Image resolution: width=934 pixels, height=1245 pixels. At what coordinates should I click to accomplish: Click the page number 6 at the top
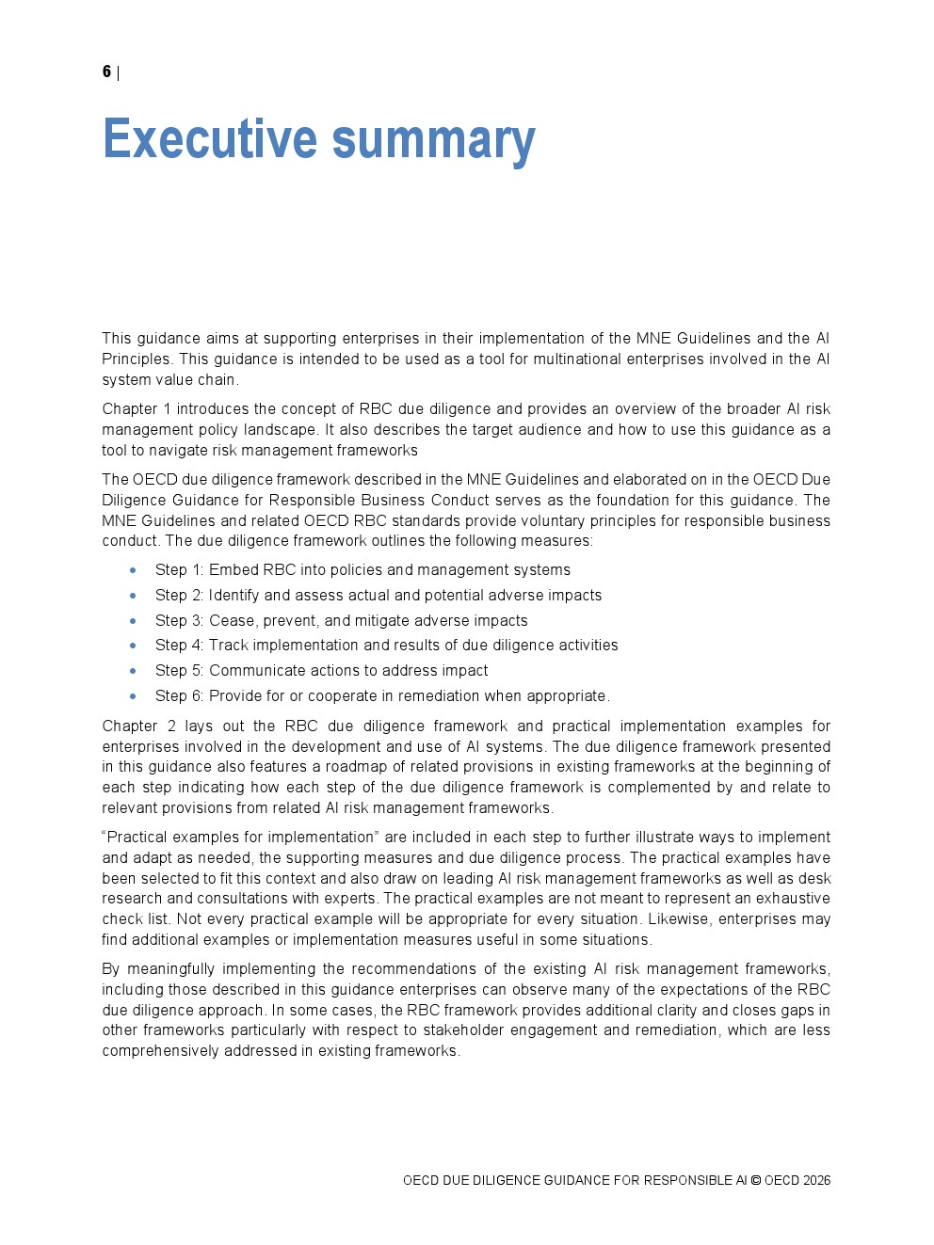[106, 72]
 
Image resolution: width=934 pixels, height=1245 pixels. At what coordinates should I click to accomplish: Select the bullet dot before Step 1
[133, 570]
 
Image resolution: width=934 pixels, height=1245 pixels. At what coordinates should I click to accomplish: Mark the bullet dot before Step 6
[133, 696]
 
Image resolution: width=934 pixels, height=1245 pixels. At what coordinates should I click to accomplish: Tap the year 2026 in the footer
[817, 1181]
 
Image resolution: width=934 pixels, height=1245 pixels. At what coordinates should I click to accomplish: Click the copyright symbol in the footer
[755, 1181]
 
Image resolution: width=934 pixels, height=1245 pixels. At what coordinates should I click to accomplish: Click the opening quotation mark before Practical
[105, 837]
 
